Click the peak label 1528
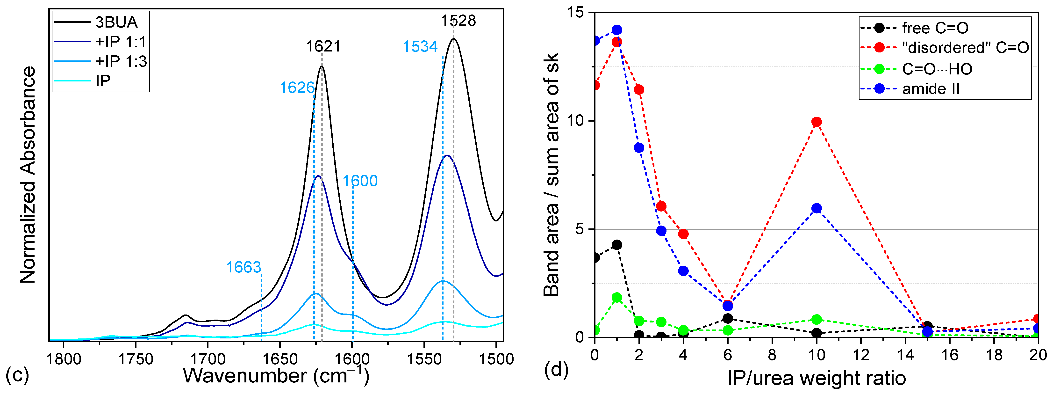point(458,21)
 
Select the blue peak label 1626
point(297,88)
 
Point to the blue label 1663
point(244,267)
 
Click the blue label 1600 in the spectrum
point(360,181)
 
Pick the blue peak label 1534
point(420,47)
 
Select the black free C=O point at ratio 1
point(617,245)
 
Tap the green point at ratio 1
point(617,298)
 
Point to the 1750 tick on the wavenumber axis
point(136,359)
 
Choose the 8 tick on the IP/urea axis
point(772,355)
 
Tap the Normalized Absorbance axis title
point(28,175)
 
